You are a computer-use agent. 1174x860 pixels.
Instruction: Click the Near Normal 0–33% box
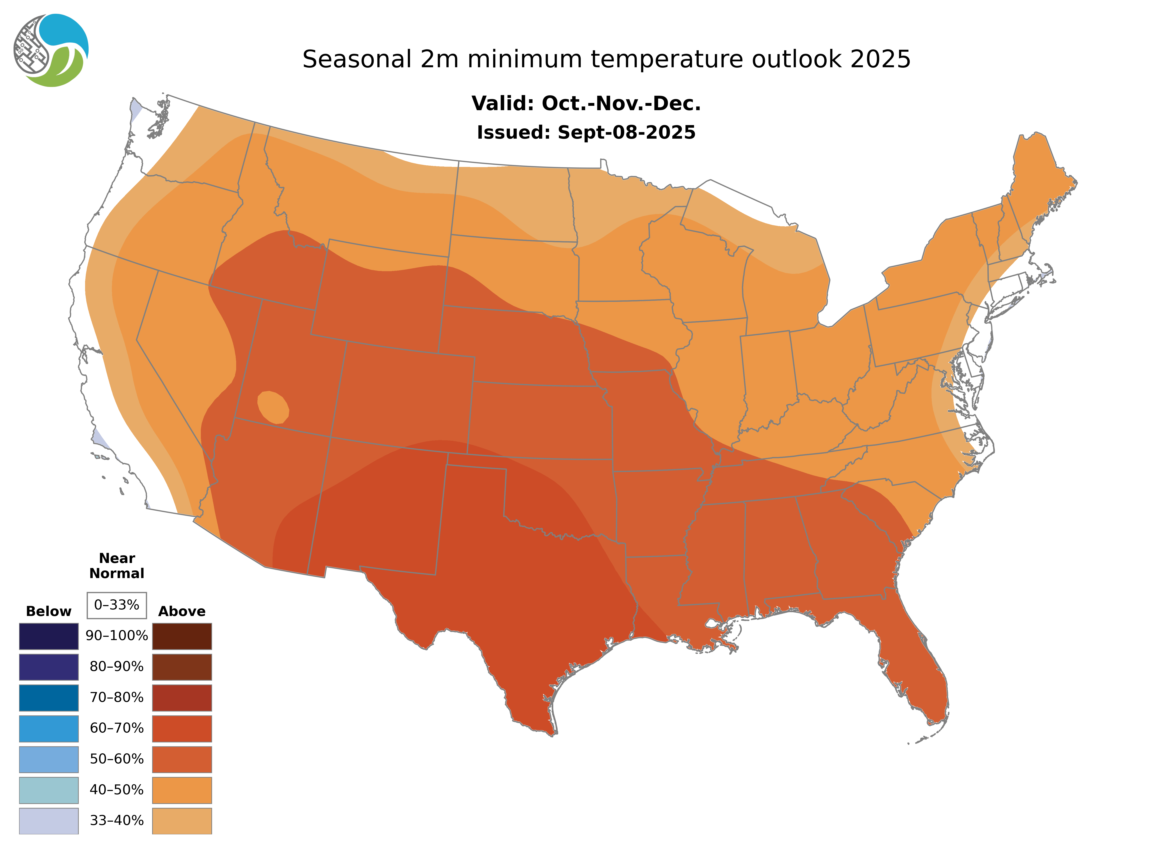coord(117,605)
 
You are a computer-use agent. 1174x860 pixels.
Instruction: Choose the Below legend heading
coord(48,611)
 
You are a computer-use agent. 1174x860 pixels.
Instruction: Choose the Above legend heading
coord(182,611)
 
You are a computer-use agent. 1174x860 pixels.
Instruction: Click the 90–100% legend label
coord(117,636)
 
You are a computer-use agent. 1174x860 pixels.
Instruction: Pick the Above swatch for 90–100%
coord(182,636)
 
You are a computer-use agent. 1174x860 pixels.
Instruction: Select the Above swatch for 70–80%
coord(182,698)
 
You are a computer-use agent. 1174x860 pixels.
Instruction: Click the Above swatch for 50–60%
coord(182,759)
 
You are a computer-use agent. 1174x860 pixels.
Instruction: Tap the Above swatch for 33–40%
coord(182,820)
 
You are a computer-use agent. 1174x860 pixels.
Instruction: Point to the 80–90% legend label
coord(117,666)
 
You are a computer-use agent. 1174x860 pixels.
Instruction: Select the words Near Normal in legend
coord(117,566)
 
